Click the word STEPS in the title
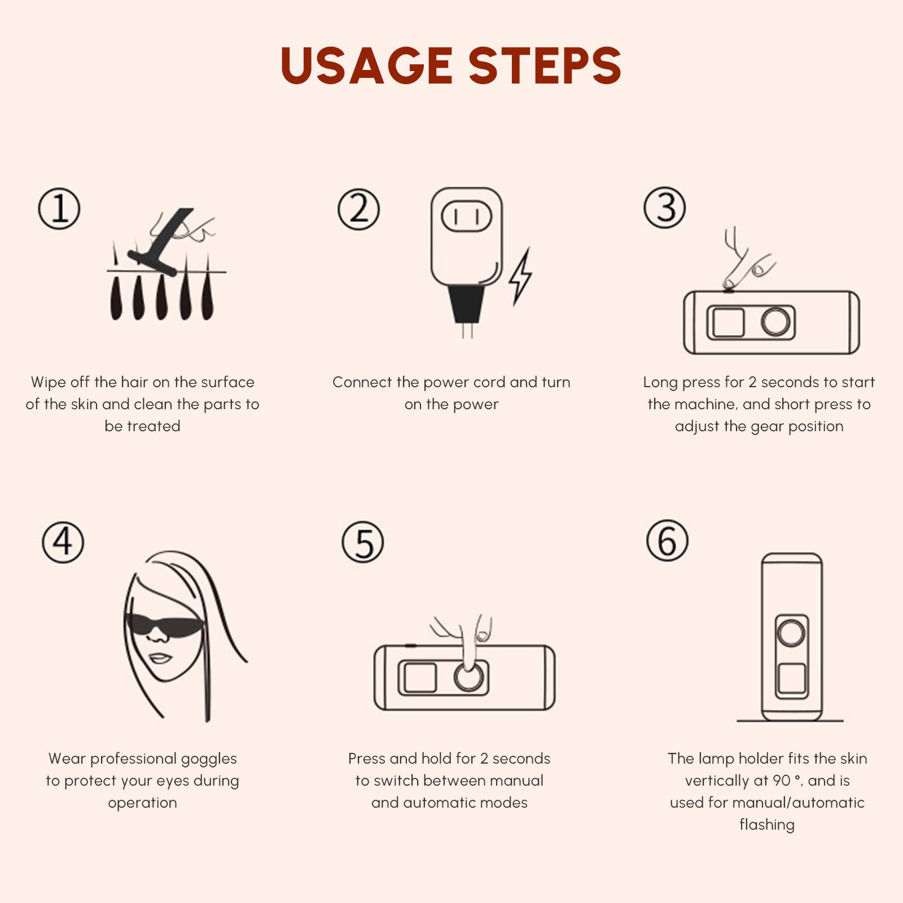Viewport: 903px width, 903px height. click(545, 65)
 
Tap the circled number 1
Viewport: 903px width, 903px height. click(59, 209)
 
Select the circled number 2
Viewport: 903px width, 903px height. click(359, 209)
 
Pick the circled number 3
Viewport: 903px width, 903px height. click(665, 208)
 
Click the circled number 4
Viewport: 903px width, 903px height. click(63, 542)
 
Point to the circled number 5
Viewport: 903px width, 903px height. click(363, 542)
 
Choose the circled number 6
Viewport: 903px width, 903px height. click(667, 541)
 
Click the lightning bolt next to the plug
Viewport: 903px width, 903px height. click(520, 277)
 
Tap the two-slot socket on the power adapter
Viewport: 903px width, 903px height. click(466, 216)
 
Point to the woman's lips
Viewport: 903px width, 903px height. click(160, 658)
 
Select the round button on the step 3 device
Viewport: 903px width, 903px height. click(775, 322)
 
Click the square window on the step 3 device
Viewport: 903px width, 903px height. click(728, 322)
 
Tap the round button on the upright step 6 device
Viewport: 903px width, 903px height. click(791, 633)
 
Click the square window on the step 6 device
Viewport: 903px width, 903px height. click(791, 678)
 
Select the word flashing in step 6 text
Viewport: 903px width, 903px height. click(766, 825)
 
